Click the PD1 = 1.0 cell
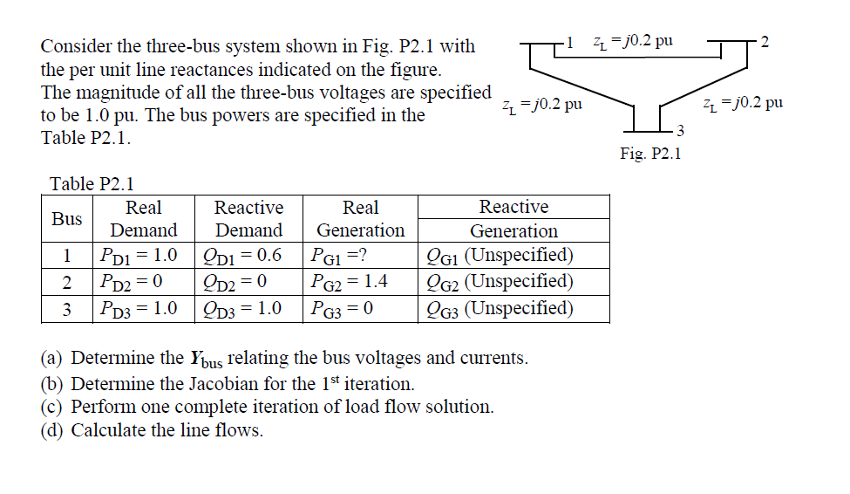139,256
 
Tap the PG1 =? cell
338,256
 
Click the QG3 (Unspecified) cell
499,308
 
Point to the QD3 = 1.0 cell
248,308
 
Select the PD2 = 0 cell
133,282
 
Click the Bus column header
66,219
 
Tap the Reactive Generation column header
513,219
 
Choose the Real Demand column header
143,219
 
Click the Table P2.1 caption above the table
92,183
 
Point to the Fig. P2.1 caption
650,154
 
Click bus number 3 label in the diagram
681,132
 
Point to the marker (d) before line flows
53,430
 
